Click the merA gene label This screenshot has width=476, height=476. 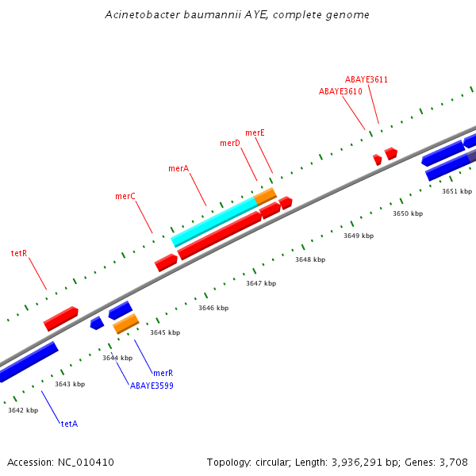coord(178,168)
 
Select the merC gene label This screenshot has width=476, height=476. coord(125,196)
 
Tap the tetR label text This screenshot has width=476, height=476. coord(19,253)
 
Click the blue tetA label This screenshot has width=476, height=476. coord(69,424)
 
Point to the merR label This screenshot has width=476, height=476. coord(163,373)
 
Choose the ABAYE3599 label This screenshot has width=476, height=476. coord(152,386)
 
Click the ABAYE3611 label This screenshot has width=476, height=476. coord(367,79)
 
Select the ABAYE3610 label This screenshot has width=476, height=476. coord(340,91)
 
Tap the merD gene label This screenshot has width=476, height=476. coord(230,143)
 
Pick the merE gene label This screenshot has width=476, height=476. coord(255,132)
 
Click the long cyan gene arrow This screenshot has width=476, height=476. coord(214,221)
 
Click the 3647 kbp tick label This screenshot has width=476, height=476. coord(261,283)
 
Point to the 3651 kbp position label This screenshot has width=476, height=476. coord(457,191)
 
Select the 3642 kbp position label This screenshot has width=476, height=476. coord(23,410)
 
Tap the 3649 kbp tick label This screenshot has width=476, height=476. coord(359,236)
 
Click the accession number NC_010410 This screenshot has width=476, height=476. coord(83,462)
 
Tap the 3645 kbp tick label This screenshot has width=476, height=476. coord(165,332)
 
